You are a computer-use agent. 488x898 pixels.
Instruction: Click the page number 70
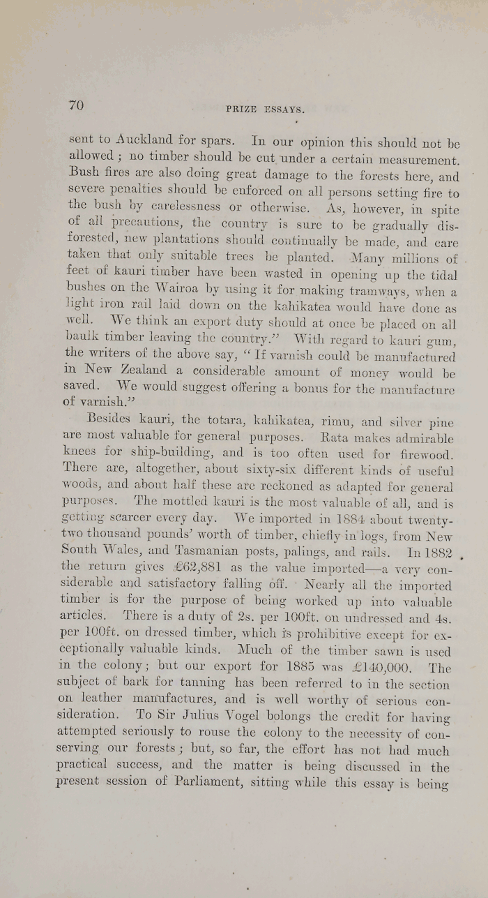coord(76,105)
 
